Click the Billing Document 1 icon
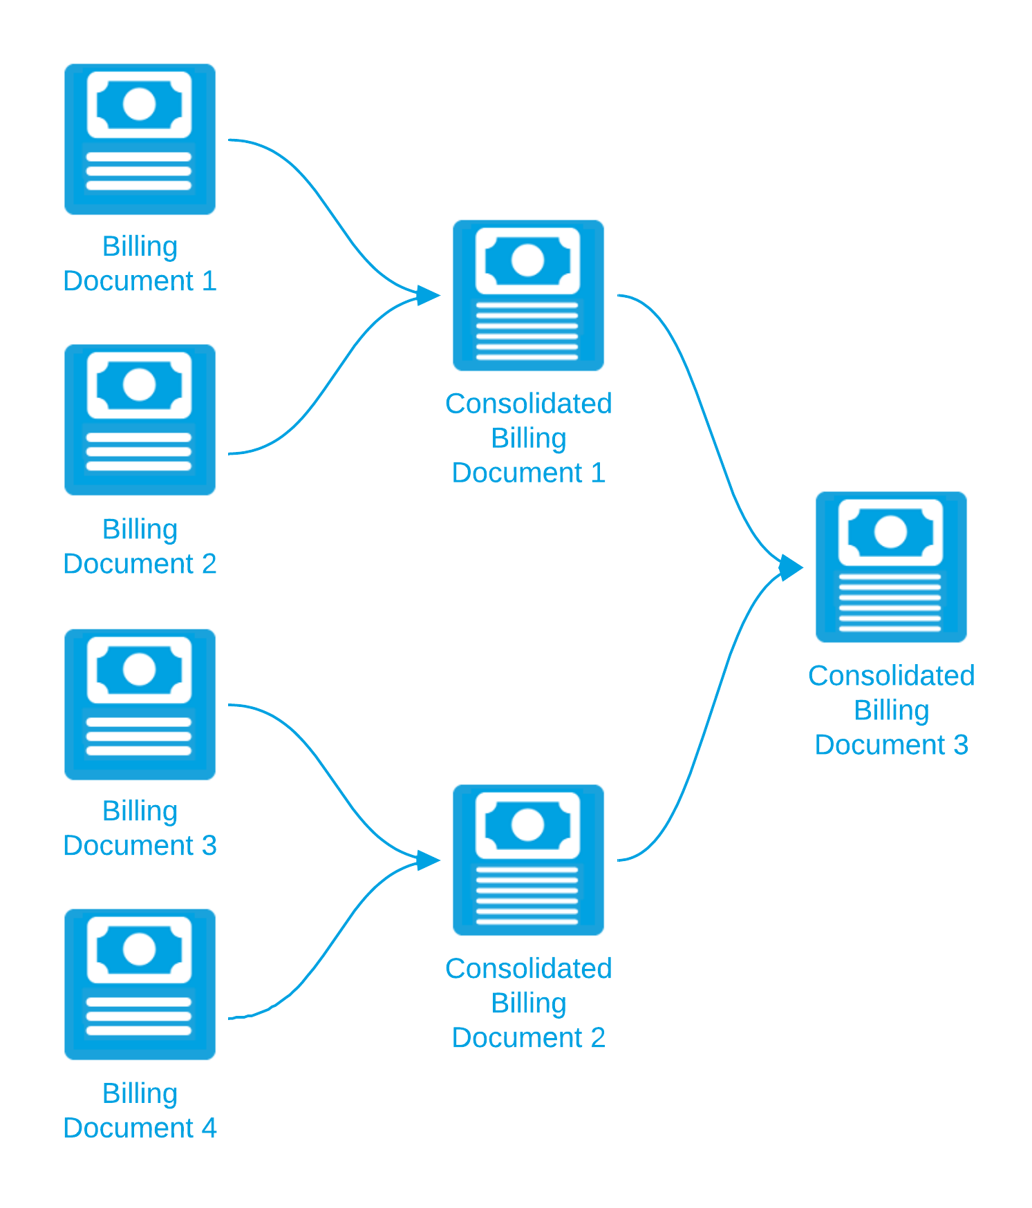point(140,140)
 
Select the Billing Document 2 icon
point(140,420)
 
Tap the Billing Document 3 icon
point(140,704)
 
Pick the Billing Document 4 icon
point(140,984)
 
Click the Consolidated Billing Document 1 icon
point(529,295)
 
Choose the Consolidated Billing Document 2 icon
point(529,860)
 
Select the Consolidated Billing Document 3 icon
point(892,567)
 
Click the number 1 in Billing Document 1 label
point(209,282)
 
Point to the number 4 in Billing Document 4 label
point(209,1129)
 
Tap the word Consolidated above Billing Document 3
point(892,676)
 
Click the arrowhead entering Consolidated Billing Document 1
point(429,295)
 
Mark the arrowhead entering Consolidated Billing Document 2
point(429,860)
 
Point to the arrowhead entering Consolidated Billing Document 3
point(791,567)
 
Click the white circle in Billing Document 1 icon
point(139,104)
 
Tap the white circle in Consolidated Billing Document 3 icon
point(890,532)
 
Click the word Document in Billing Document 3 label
point(129,846)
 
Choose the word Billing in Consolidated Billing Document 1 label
point(529,438)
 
